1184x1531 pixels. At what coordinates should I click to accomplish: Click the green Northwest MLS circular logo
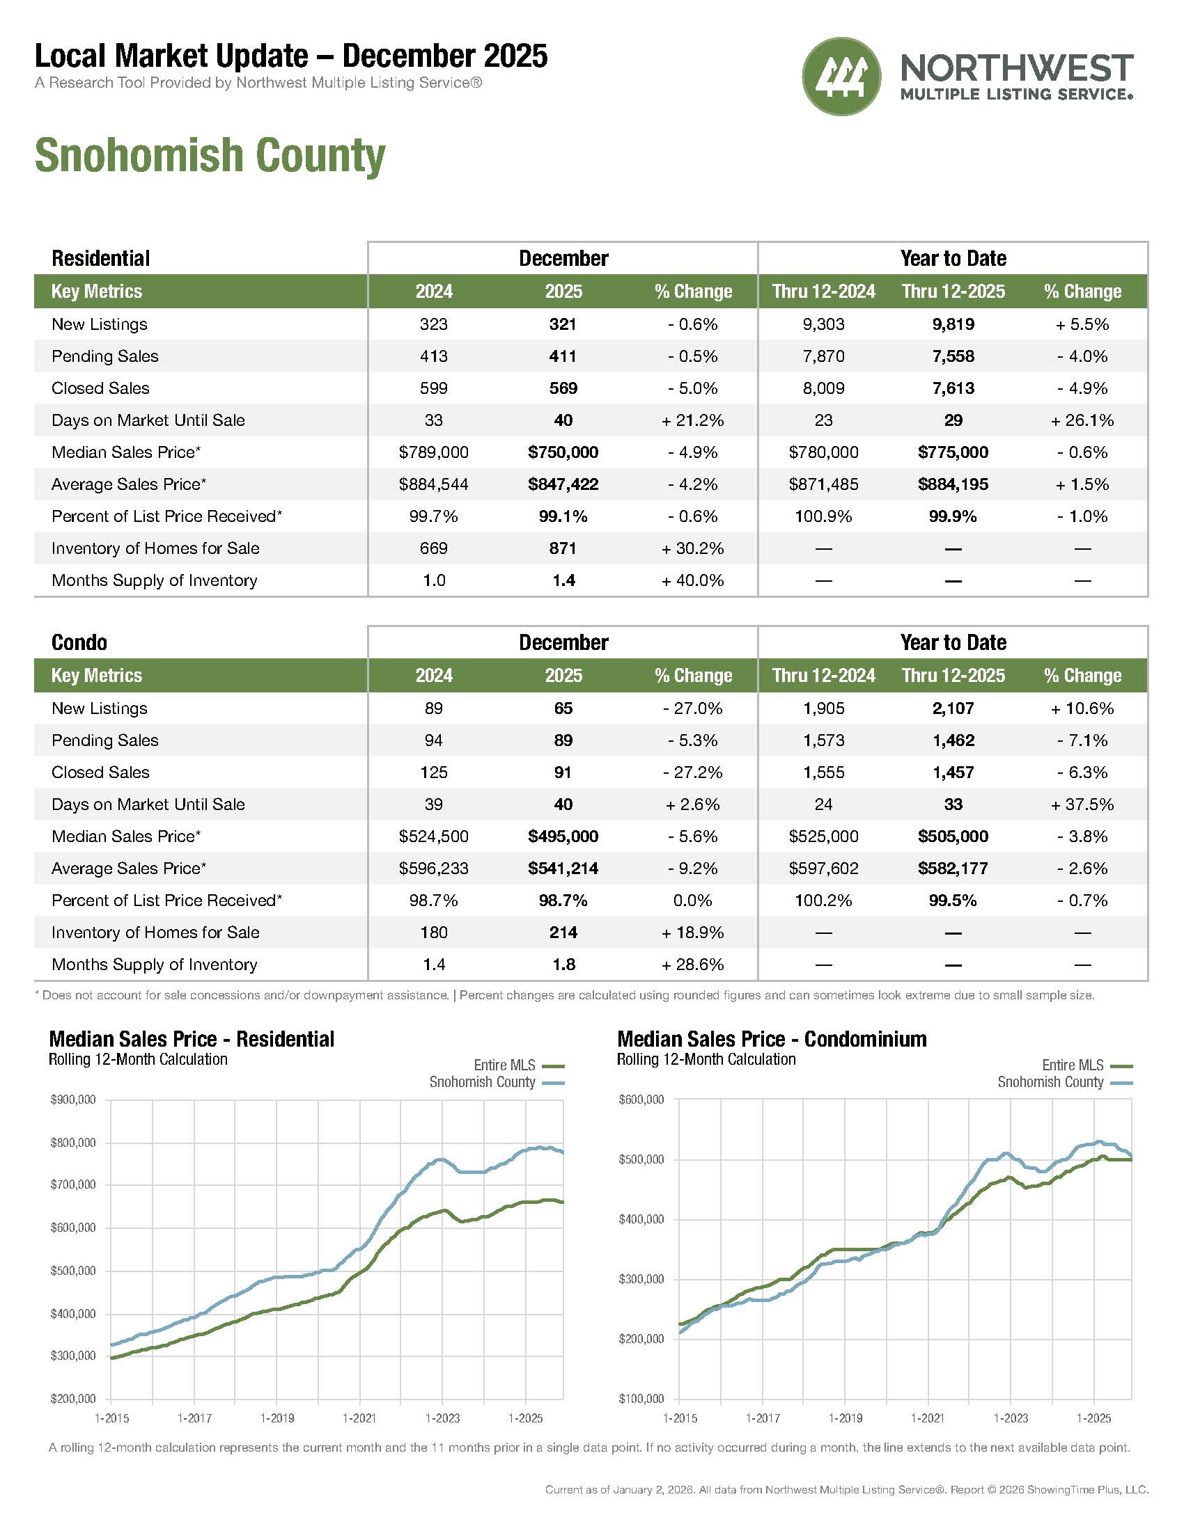pyautogui.click(x=841, y=76)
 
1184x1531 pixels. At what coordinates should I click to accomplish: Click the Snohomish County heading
pyautogui.click(x=210, y=155)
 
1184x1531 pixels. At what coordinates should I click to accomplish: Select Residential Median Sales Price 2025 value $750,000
pyautogui.click(x=563, y=452)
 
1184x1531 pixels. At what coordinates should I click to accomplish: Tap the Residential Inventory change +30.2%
pyautogui.click(x=692, y=548)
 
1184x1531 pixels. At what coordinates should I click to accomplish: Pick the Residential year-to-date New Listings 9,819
pyautogui.click(x=953, y=324)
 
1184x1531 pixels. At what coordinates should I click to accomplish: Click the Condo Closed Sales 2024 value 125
pyautogui.click(x=433, y=772)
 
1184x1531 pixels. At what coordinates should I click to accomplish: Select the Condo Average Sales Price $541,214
pyautogui.click(x=563, y=868)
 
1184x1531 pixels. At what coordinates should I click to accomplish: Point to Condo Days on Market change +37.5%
pyautogui.click(x=1082, y=804)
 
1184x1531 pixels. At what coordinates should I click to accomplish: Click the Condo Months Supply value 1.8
pyautogui.click(x=563, y=964)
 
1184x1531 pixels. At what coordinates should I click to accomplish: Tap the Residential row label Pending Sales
pyautogui.click(x=105, y=356)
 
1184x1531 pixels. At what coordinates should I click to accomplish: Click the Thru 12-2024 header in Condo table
pyautogui.click(x=823, y=675)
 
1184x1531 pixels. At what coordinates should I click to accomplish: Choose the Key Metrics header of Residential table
pyautogui.click(x=97, y=291)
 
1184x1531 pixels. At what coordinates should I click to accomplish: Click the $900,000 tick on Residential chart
pyautogui.click(x=73, y=1100)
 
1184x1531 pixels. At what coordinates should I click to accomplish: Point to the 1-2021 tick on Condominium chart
pyautogui.click(x=927, y=1418)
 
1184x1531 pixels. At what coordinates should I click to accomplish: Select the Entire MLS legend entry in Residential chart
pyautogui.click(x=504, y=1065)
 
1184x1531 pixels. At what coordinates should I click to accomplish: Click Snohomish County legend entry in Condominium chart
pyautogui.click(x=1050, y=1081)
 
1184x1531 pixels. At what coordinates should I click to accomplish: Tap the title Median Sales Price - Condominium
pyautogui.click(x=772, y=1039)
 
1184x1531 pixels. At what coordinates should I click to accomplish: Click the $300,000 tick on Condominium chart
pyautogui.click(x=641, y=1279)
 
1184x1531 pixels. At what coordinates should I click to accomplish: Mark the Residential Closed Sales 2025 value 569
pyautogui.click(x=563, y=388)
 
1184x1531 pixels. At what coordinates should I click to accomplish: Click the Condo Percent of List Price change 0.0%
pyautogui.click(x=692, y=900)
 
